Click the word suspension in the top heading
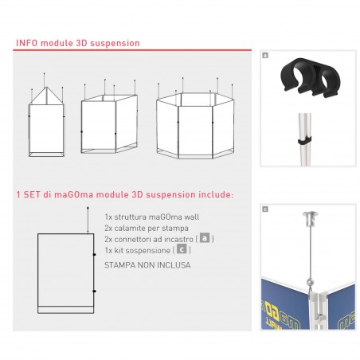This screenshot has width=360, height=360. (115, 44)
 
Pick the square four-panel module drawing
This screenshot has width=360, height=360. (109, 116)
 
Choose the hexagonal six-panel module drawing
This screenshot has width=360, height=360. (195, 119)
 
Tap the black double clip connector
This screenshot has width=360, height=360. (310, 76)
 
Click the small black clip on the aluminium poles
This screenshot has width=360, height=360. (304, 140)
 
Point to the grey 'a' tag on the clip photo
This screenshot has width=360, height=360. (265, 56)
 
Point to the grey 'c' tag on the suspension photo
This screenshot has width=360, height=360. (265, 209)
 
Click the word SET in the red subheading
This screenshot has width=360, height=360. (32, 194)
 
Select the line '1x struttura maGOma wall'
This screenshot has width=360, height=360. (152, 217)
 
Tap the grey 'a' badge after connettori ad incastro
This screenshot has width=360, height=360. (205, 238)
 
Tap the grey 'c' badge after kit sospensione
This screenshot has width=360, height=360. (182, 249)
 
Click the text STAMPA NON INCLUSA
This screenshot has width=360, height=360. (147, 265)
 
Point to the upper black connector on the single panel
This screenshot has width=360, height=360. (94, 255)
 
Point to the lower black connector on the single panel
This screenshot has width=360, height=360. (94, 292)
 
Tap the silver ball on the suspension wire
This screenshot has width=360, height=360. (310, 281)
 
